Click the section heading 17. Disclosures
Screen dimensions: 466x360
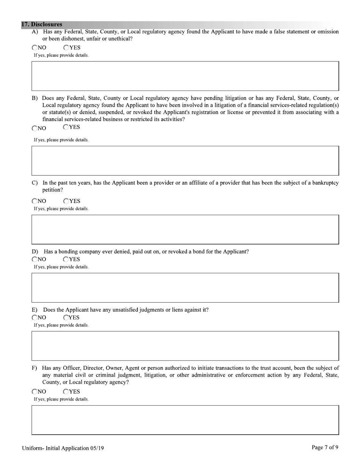click(x=42, y=25)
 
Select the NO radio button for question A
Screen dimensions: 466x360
click(x=35, y=48)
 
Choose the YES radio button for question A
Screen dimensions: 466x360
click(x=66, y=48)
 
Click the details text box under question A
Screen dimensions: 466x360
click(x=185, y=76)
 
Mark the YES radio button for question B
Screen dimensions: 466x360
click(x=66, y=127)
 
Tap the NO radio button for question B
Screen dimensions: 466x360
click(x=35, y=128)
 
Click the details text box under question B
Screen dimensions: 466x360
click(x=185, y=161)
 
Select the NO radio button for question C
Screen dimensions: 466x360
click(x=35, y=201)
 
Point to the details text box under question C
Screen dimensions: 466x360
click(x=185, y=230)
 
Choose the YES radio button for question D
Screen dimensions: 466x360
click(x=66, y=260)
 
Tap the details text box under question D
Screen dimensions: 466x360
click(x=185, y=288)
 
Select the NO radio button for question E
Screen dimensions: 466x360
click(x=35, y=317)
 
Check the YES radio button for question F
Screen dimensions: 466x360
click(x=66, y=392)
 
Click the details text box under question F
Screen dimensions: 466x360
click(x=185, y=420)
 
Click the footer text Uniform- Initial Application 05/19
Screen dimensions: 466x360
click(x=63, y=448)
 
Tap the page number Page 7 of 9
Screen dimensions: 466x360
click(x=325, y=447)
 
